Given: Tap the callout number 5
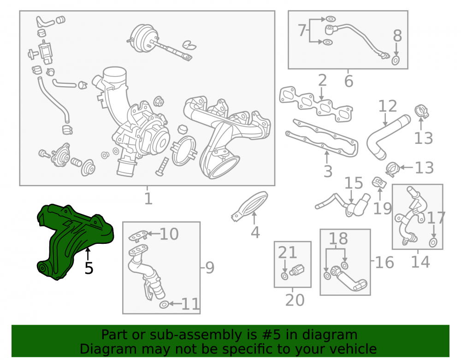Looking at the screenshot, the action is click(x=89, y=268).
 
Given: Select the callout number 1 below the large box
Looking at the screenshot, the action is click(x=148, y=199).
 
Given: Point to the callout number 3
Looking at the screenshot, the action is click(x=328, y=171).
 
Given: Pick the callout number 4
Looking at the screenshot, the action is click(x=255, y=232).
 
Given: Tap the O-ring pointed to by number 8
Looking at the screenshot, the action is click(x=396, y=60).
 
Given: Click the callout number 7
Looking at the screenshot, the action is click(x=302, y=30).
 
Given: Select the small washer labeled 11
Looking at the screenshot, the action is click(x=164, y=305).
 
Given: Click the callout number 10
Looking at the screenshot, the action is click(x=169, y=234).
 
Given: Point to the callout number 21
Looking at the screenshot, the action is click(x=287, y=252).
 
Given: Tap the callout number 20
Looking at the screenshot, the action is click(x=295, y=300).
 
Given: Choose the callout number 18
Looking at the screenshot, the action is click(x=338, y=238).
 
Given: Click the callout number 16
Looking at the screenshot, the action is click(x=384, y=262).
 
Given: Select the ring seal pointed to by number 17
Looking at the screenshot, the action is click(x=433, y=243).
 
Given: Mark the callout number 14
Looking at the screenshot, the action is click(x=420, y=261).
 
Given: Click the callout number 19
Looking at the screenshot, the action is click(x=382, y=208).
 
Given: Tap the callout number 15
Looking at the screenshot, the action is click(x=354, y=183).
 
